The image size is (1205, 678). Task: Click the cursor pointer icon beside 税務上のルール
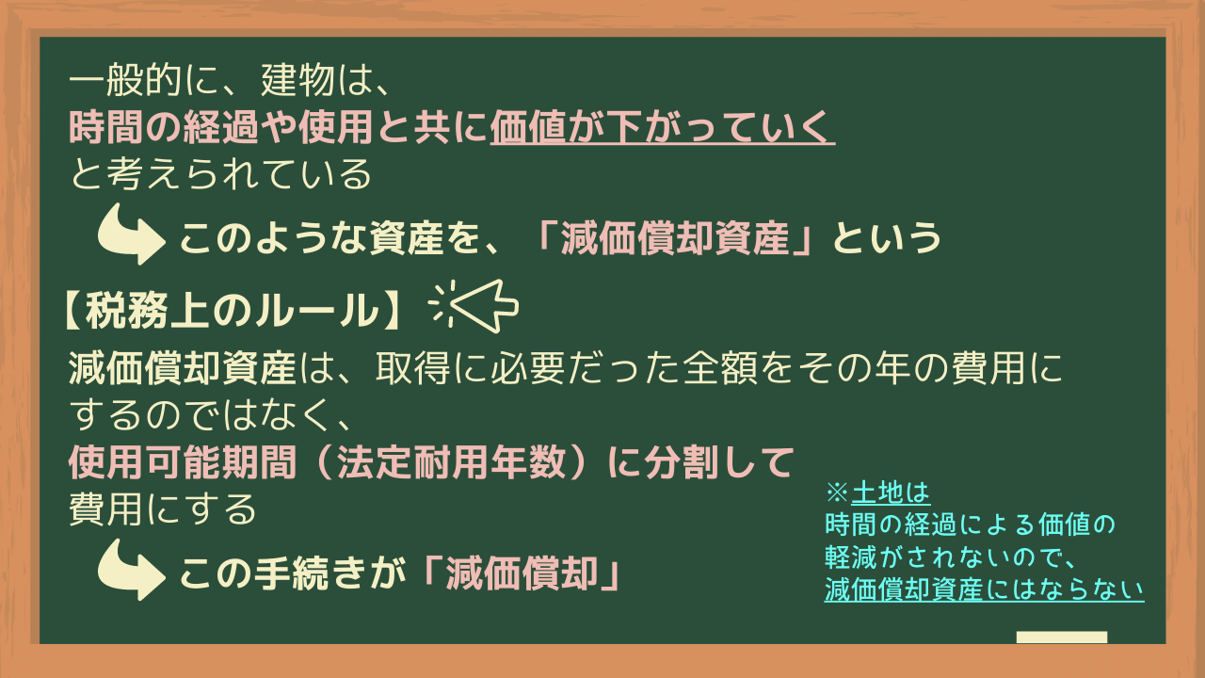click(474, 306)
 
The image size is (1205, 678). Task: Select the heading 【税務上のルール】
click(232, 311)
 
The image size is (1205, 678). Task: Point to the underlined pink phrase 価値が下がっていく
click(662, 128)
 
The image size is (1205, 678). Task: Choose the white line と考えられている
click(220, 174)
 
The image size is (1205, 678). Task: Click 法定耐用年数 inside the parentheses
click(452, 461)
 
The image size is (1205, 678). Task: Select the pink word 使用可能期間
click(183, 461)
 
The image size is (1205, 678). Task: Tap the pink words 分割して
click(719, 461)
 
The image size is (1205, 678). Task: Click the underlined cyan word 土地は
click(891, 492)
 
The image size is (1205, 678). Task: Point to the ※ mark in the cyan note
click(837, 492)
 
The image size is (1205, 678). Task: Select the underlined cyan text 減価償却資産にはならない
click(984, 589)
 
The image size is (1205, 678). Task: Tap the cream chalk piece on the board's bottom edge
click(1062, 638)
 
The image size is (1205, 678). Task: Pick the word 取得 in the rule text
click(412, 368)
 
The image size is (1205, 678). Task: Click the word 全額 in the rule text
click(720, 368)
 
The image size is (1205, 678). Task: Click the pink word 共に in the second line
click(451, 128)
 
